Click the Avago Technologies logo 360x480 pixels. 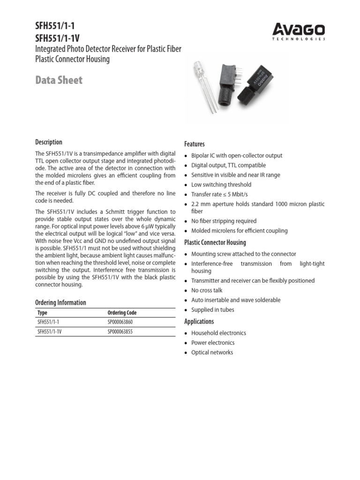(299, 31)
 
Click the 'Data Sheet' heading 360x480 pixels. (59, 80)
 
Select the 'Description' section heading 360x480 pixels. (49, 142)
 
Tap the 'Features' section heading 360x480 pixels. (195, 144)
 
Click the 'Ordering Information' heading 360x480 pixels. (60, 302)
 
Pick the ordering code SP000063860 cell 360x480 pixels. (120, 322)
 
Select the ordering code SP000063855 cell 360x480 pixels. (120, 332)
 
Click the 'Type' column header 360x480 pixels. (42, 313)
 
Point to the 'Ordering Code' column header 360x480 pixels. (122, 313)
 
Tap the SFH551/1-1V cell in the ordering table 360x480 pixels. (49, 332)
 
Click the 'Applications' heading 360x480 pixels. (199, 322)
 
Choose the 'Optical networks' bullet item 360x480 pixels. (212, 352)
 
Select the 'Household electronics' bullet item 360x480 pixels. (218, 333)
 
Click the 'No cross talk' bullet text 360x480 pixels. (207, 290)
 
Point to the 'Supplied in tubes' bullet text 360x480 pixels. (212, 310)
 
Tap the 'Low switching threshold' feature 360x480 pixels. (221, 185)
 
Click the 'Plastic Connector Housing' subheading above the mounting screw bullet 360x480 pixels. (215, 242)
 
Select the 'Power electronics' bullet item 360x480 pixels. (213, 343)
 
